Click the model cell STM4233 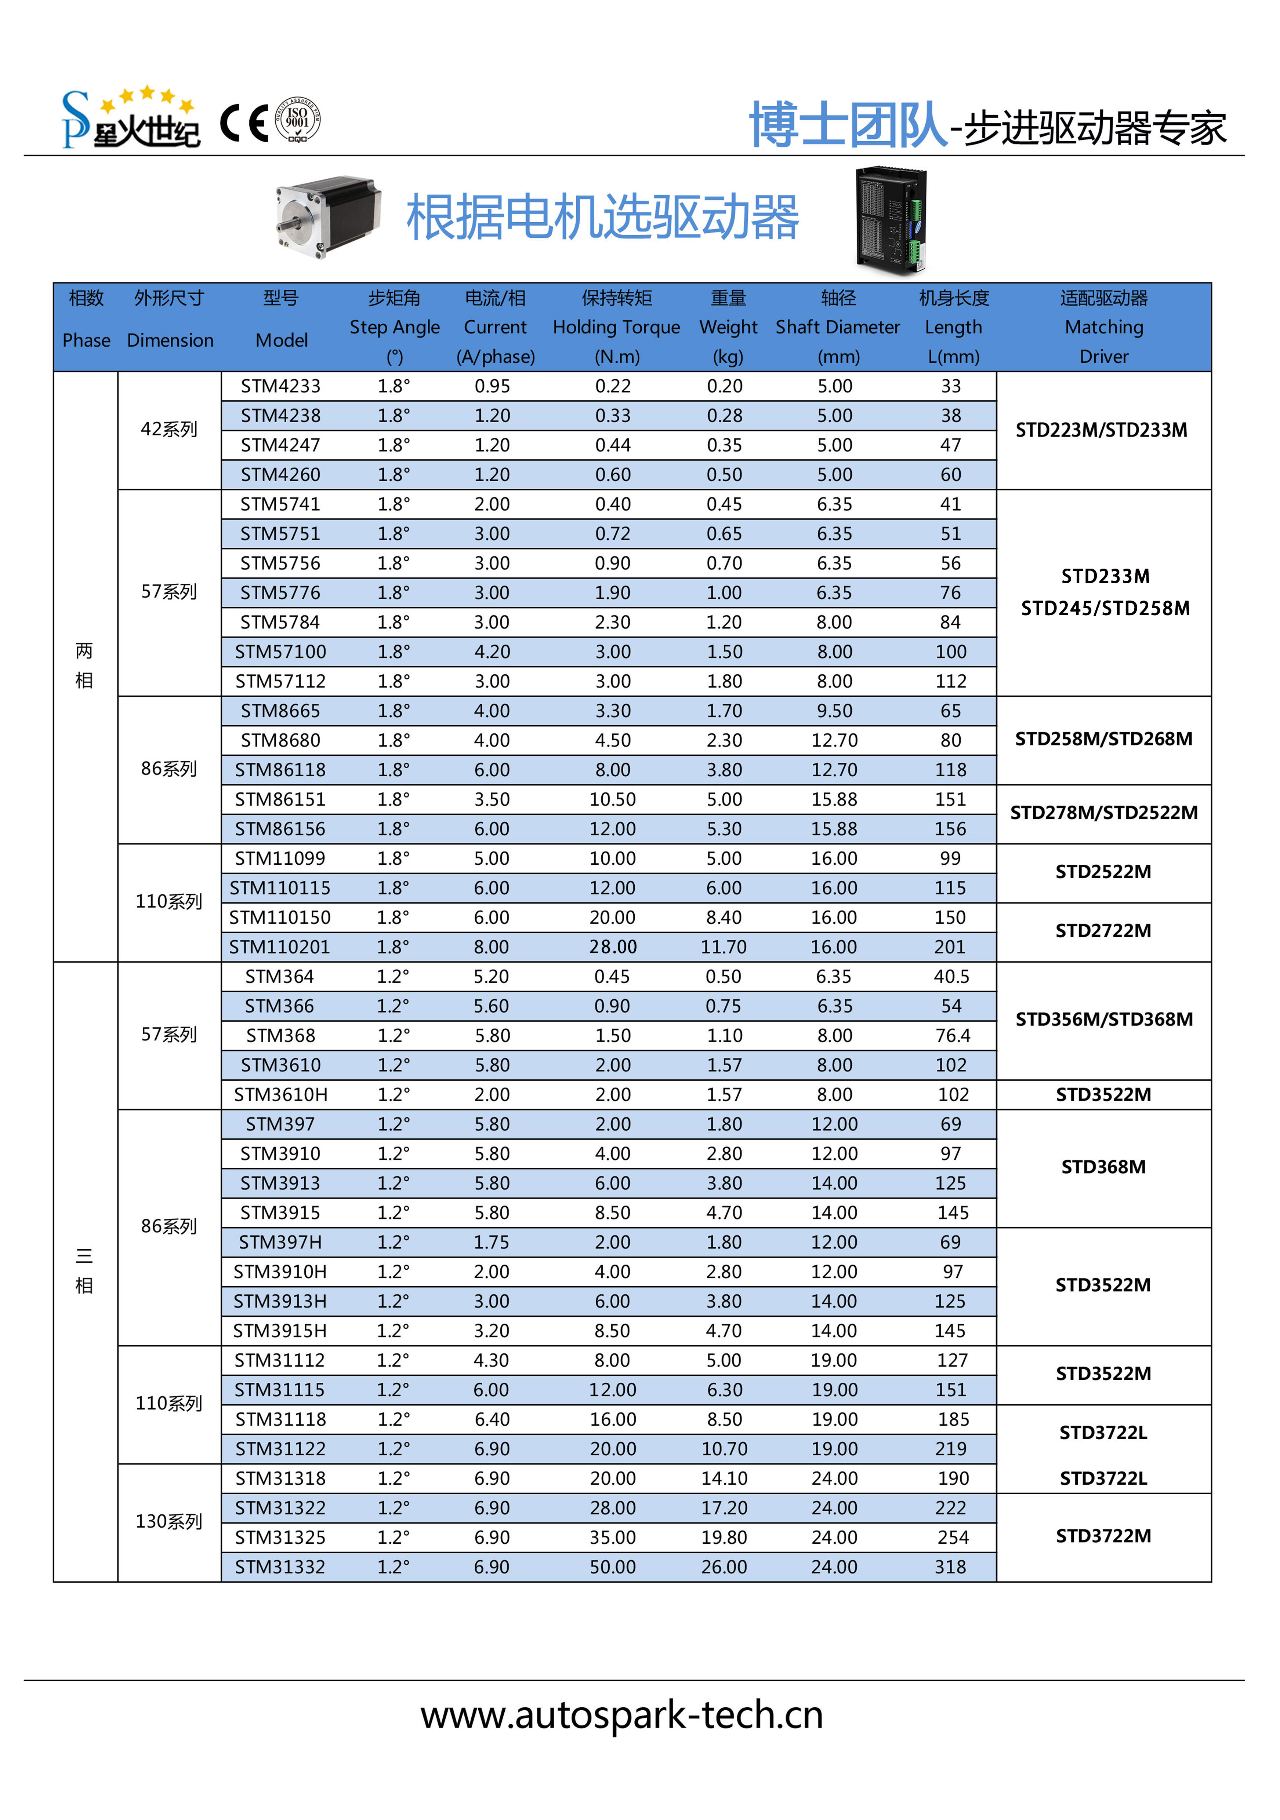(x=281, y=386)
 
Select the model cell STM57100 (x=281, y=652)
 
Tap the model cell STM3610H (x=281, y=1095)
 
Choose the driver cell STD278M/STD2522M (x=1103, y=813)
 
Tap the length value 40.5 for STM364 (x=952, y=977)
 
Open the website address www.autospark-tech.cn (x=622, y=1715)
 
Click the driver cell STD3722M (x=1103, y=1536)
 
